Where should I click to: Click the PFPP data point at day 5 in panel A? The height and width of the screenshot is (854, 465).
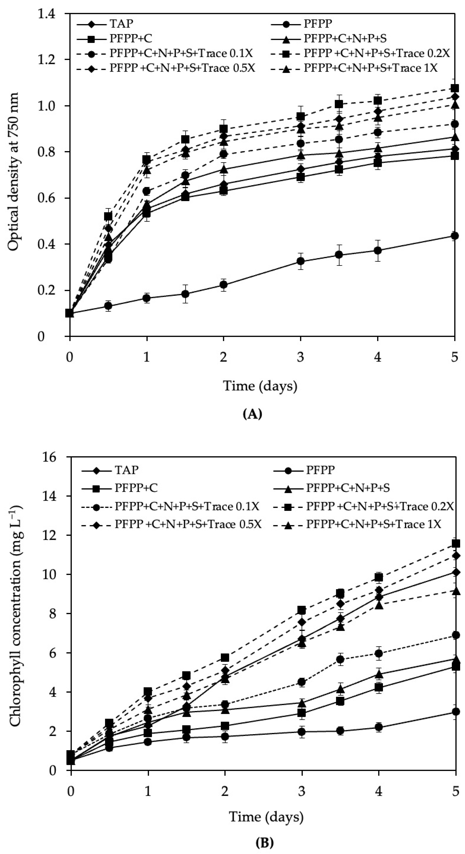point(455,236)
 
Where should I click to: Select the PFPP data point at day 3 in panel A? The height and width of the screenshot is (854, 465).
point(300,261)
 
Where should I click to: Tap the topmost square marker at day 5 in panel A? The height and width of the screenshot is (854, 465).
point(455,88)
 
